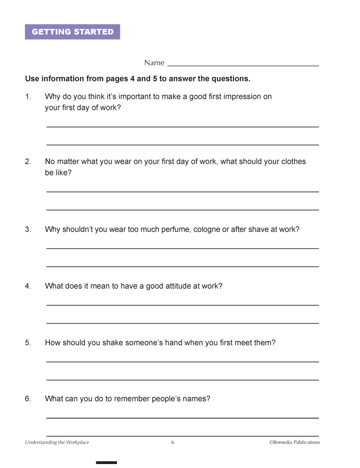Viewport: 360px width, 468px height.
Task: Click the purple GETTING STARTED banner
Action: (72, 32)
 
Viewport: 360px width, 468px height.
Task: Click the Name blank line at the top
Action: (243, 65)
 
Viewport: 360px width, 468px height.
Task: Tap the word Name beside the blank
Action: (154, 63)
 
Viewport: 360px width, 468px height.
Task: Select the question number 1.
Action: (28, 96)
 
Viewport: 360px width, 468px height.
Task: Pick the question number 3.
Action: (28, 229)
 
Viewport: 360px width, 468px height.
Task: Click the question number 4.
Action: (28, 286)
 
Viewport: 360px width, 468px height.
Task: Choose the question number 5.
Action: (28, 342)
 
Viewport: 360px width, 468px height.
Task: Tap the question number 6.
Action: (28, 399)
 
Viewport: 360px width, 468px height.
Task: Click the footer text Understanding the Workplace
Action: (57, 442)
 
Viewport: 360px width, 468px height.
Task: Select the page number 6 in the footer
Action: (173, 442)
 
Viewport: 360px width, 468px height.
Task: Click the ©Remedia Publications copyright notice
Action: (294, 442)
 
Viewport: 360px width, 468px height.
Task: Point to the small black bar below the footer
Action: (106, 463)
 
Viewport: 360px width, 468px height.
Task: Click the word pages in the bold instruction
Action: (120, 78)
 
